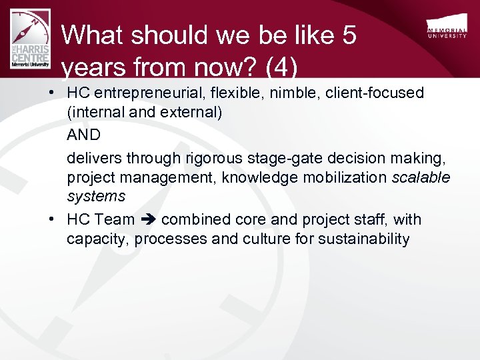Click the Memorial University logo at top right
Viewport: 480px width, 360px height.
pos(447,29)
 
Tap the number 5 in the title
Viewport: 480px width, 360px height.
pos(349,35)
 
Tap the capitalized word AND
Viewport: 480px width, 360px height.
pos(83,135)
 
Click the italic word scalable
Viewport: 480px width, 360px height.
pos(421,177)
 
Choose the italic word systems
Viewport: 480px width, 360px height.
pos(95,196)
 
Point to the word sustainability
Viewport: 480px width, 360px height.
pos(353,239)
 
